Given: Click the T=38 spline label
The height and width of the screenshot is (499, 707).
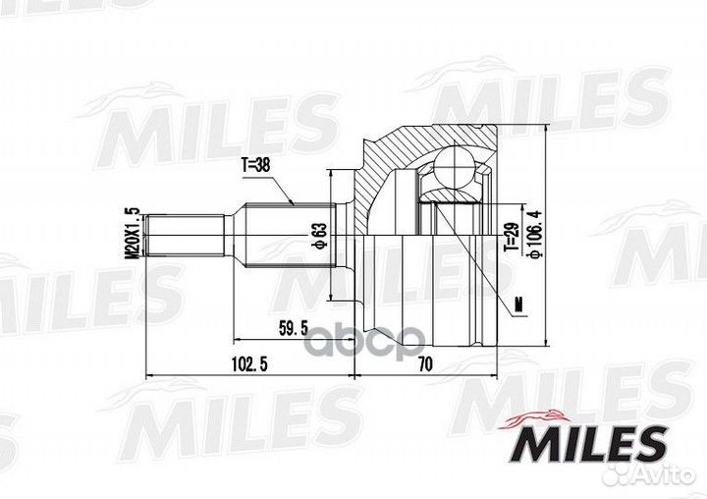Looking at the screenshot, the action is (x=255, y=166).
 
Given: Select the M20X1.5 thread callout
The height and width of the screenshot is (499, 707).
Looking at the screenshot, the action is (x=133, y=233).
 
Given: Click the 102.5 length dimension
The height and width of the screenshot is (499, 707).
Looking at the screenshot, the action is (x=248, y=363).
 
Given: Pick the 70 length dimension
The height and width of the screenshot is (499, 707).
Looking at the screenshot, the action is (x=425, y=363).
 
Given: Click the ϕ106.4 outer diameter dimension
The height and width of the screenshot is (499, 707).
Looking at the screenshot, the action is (x=536, y=236).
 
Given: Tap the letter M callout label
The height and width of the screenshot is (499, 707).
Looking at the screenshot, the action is (x=519, y=305).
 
